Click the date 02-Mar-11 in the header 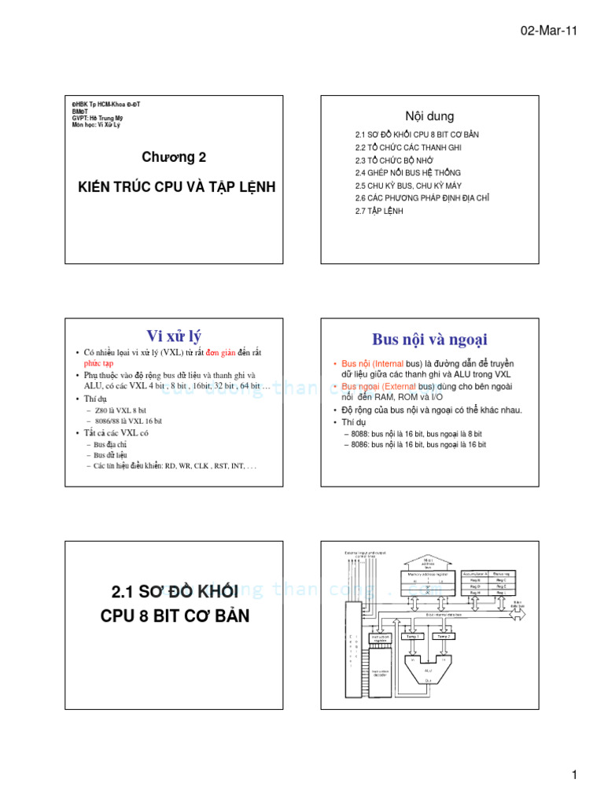pos(549,30)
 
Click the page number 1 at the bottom pos(575,775)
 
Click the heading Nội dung pos(429,116)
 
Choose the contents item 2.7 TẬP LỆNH pos(379,211)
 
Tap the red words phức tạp pos(99,364)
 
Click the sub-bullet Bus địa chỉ pos(110,444)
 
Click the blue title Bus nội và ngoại pos(429,340)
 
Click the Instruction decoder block pos(380,672)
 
